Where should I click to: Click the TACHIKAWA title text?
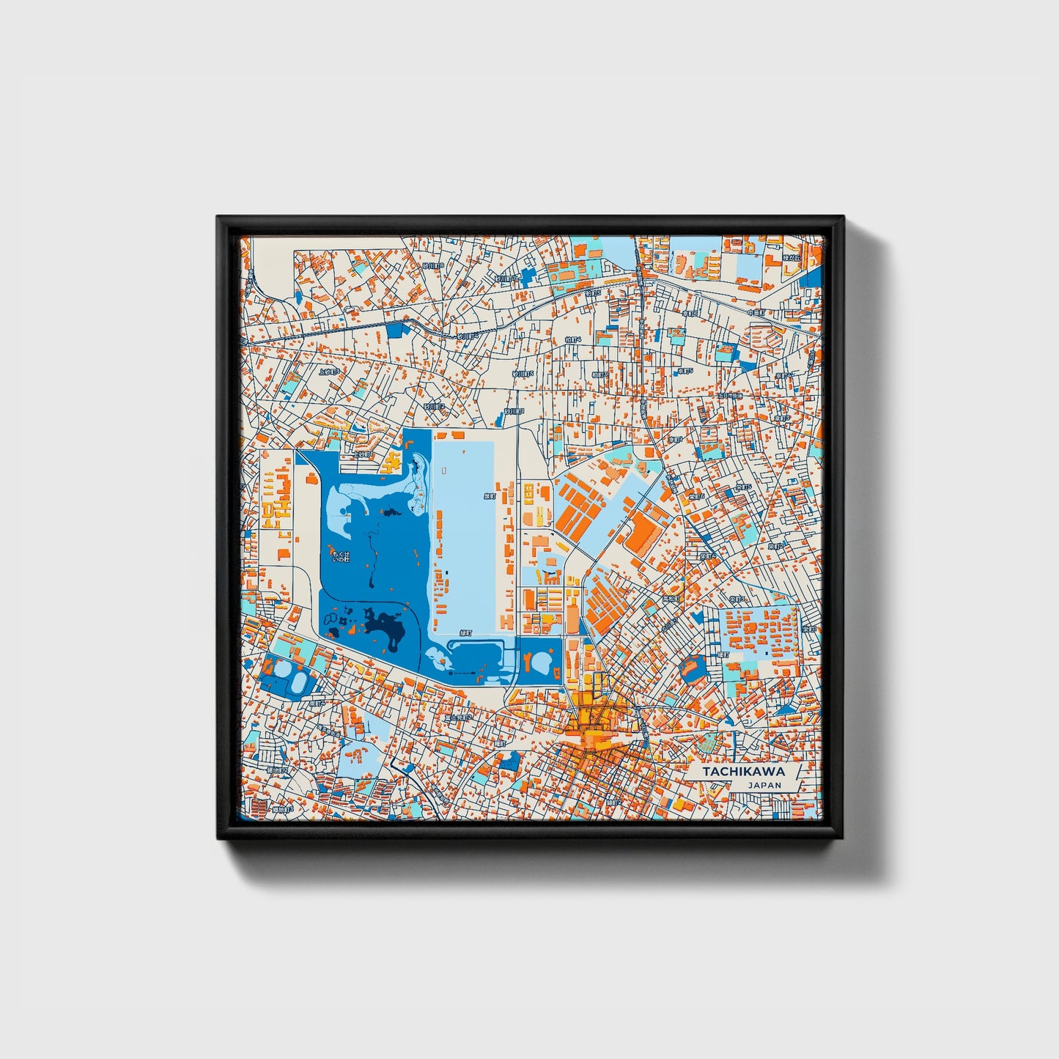743,772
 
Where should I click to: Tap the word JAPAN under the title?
764,785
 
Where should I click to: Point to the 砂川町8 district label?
432,265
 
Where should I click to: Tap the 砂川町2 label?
434,406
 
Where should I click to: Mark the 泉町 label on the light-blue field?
490,496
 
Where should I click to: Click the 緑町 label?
465,632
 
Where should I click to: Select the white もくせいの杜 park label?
341,555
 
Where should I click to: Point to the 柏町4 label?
573,340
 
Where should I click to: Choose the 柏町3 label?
599,374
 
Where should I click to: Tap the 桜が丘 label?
789,257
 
